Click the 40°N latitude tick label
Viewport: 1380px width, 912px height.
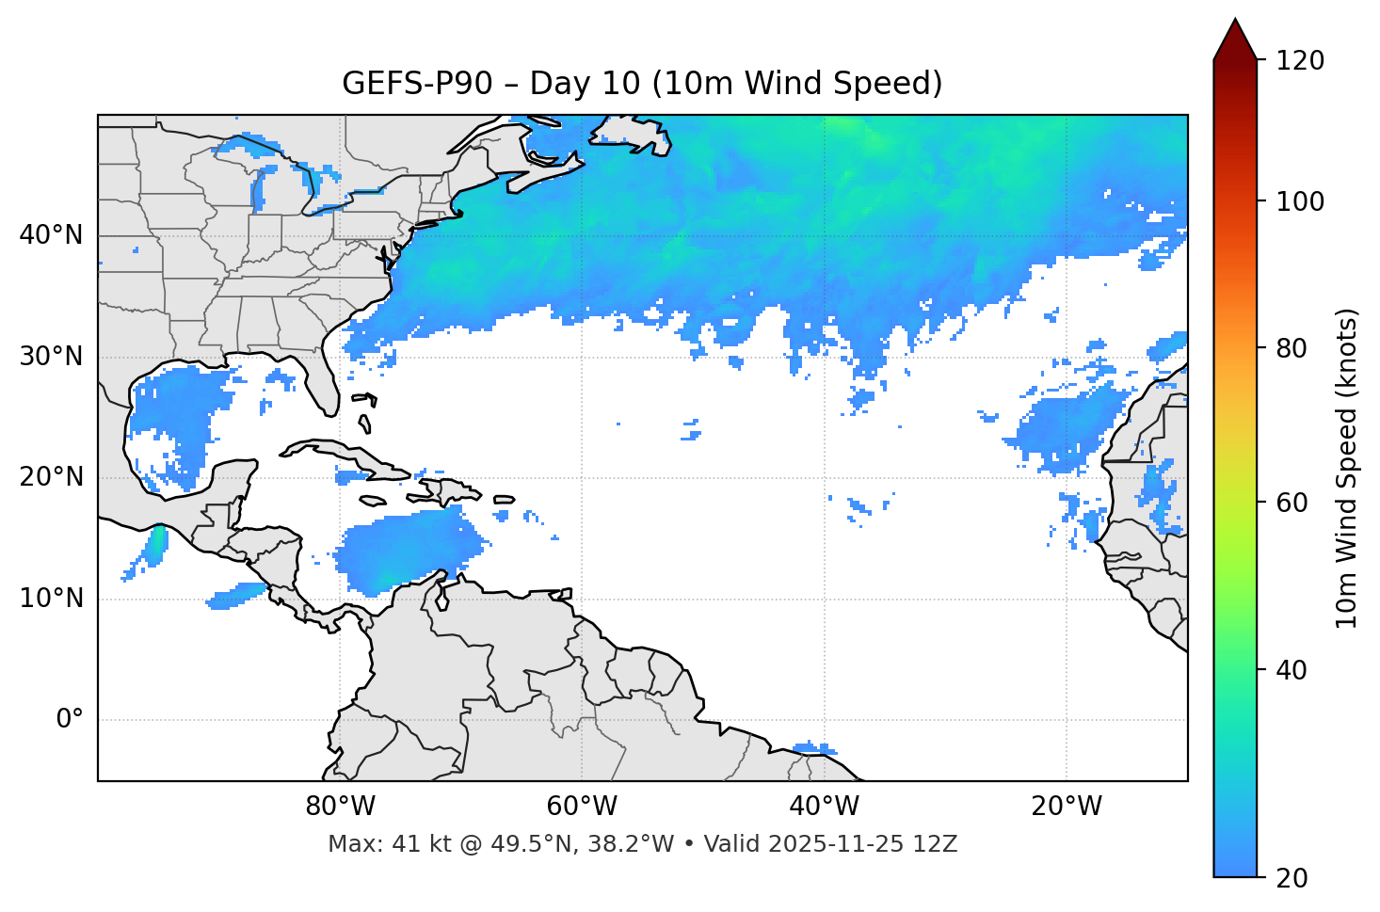pos(51,235)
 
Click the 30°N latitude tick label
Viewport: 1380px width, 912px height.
pos(51,357)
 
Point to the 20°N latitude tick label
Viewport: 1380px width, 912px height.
pos(51,477)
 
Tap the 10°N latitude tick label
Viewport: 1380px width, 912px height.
pos(51,599)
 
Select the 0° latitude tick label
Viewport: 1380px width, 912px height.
pos(70,720)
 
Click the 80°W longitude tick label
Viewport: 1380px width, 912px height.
pos(340,807)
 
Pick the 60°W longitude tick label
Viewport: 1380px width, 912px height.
pos(582,807)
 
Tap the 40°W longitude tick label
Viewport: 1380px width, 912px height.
pos(824,807)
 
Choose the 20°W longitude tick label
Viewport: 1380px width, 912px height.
pos(1067,807)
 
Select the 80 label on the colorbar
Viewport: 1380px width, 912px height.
pos(1292,348)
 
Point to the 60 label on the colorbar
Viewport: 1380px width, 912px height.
pos(1292,503)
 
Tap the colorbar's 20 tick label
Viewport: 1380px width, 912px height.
pos(1292,878)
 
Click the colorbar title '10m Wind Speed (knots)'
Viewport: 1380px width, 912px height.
pos(1348,469)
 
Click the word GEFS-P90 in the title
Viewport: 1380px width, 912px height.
pos(417,84)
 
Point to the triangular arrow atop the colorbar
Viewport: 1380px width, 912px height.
pos(1235,40)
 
